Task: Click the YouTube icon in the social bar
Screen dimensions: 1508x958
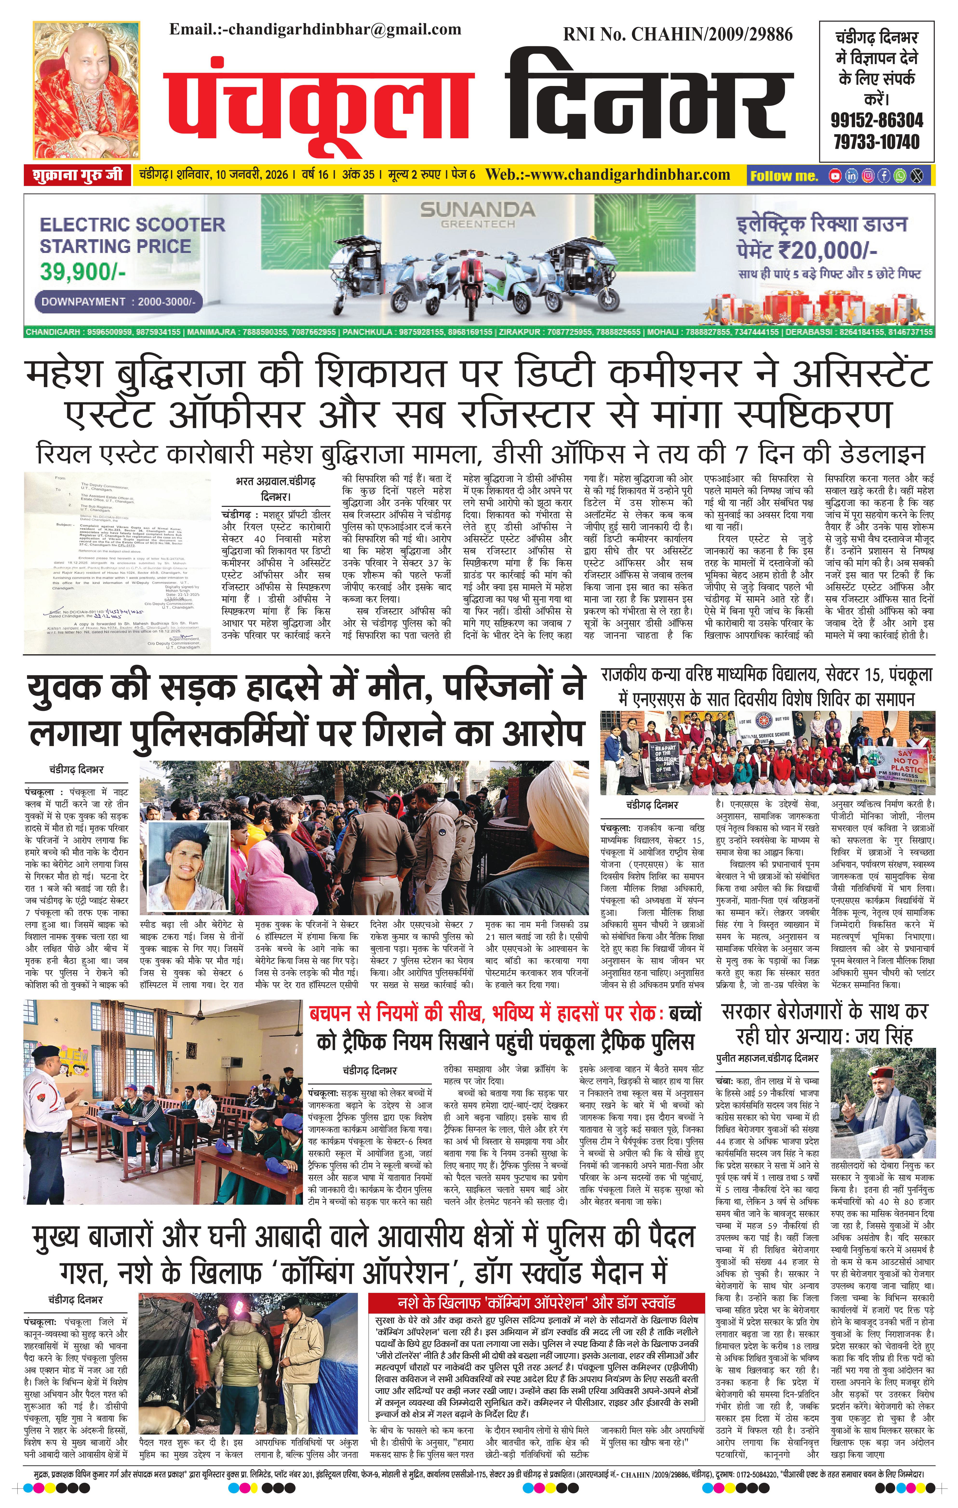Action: (835, 176)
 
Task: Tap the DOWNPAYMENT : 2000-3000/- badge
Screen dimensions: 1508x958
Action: (119, 301)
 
